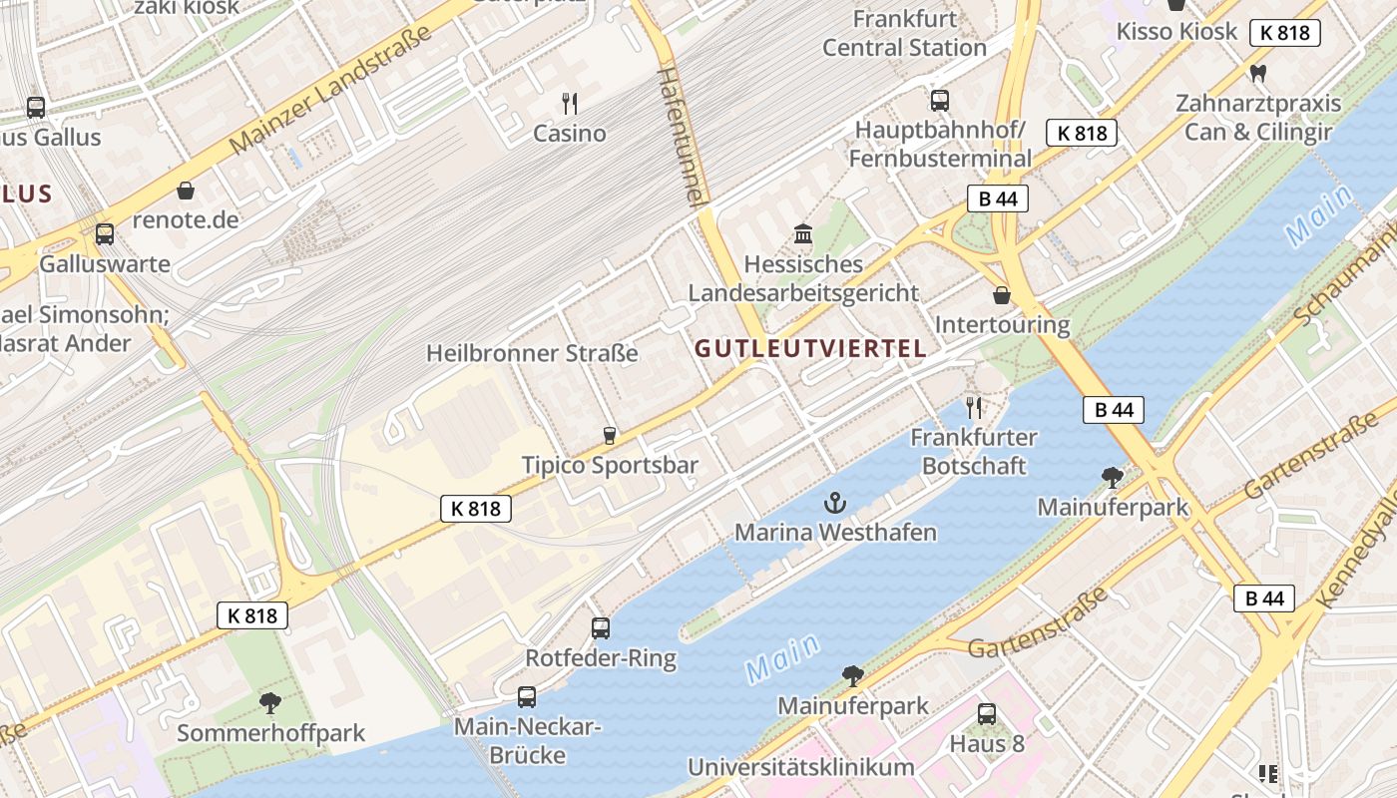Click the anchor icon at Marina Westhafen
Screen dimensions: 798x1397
pyautogui.click(x=834, y=503)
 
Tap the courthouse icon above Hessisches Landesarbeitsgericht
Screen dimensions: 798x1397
pyautogui.click(x=803, y=234)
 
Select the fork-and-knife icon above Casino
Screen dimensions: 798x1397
pyautogui.click(x=570, y=103)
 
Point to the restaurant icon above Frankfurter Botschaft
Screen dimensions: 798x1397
pyautogui.click(x=974, y=407)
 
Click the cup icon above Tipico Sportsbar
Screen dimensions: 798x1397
pyautogui.click(x=609, y=435)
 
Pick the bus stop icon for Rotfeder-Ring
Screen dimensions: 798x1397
pyautogui.click(x=601, y=627)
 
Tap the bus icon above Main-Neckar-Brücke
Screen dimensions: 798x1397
pyautogui.click(x=527, y=696)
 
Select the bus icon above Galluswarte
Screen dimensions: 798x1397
pyautogui.click(x=105, y=234)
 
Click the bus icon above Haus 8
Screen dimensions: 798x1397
pyautogui.click(x=987, y=713)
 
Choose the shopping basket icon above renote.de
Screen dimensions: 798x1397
pyautogui.click(x=186, y=190)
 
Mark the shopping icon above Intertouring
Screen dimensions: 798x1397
pyautogui.click(x=1002, y=295)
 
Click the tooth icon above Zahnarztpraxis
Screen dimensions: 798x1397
pyautogui.click(x=1257, y=73)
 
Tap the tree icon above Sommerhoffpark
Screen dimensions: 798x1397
pyautogui.click(x=270, y=703)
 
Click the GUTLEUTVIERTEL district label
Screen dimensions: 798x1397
pyautogui.click(x=810, y=349)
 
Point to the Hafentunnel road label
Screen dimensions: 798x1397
pyautogui.click(x=683, y=137)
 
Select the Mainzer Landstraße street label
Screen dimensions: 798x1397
pyautogui.click(x=330, y=89)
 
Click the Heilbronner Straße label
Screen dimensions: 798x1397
pyautogui.click(x=532, y=353)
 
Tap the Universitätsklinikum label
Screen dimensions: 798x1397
pyautogui.click(x=800, y=767)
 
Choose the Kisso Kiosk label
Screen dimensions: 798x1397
pyautogui.click(x=1176, y=31)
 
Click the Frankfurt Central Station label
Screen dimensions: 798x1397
pyautogui.click(x=904, y=33)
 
